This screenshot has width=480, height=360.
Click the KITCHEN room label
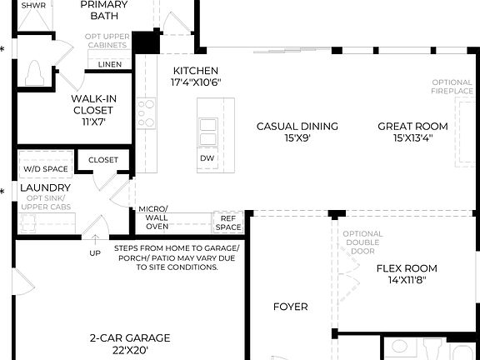pyautogui.click(x=195, y=71)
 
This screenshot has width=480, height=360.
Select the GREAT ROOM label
pyautogui.click(x=412, y=127)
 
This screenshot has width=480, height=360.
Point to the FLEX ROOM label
pyautogui.click(x=407, y=268)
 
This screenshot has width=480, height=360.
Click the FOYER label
pyautogui.click(x=291, y=307)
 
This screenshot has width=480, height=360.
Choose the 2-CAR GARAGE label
pyautogui.click(x=130, y=338)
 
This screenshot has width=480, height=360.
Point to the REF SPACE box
pyautogui.click(x=228, y=222)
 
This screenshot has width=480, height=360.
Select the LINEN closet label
pyautogui.click(x=110, y=64)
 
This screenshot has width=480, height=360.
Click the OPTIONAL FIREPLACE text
pyautogui.click(x=452, y=87)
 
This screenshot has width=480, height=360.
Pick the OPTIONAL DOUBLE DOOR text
pyautogui.click(x=363, y=242)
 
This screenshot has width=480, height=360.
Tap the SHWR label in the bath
pyautogui.click(x=33, y=5)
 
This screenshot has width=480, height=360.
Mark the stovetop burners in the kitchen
pyautogui.click(x=146, y=111)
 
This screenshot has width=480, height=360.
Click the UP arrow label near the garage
pyautogui.click(x=95, y=252)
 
